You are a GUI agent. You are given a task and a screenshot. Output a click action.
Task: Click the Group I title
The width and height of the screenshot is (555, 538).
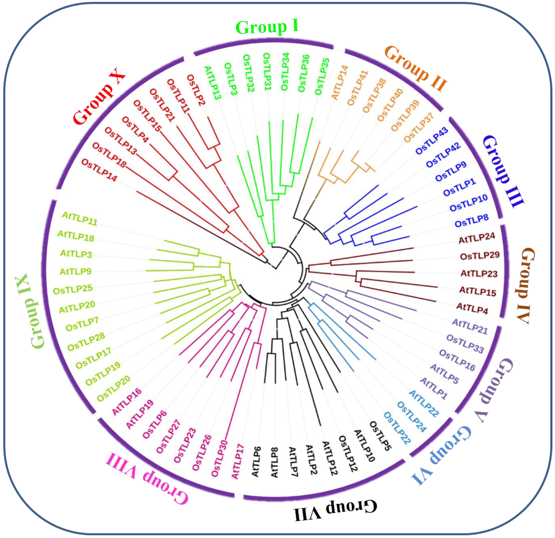pyautogui.click(x=267, y=27)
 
